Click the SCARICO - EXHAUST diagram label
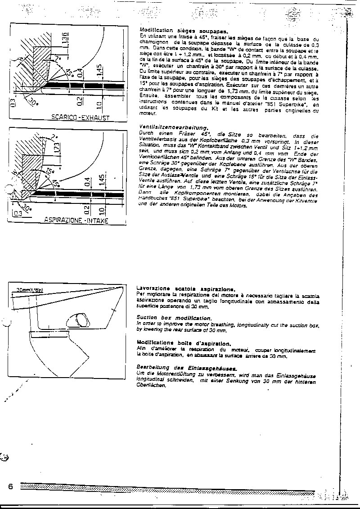pos(80,118)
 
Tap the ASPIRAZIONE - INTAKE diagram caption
pos(76,220)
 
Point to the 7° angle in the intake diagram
pos(55,135)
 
